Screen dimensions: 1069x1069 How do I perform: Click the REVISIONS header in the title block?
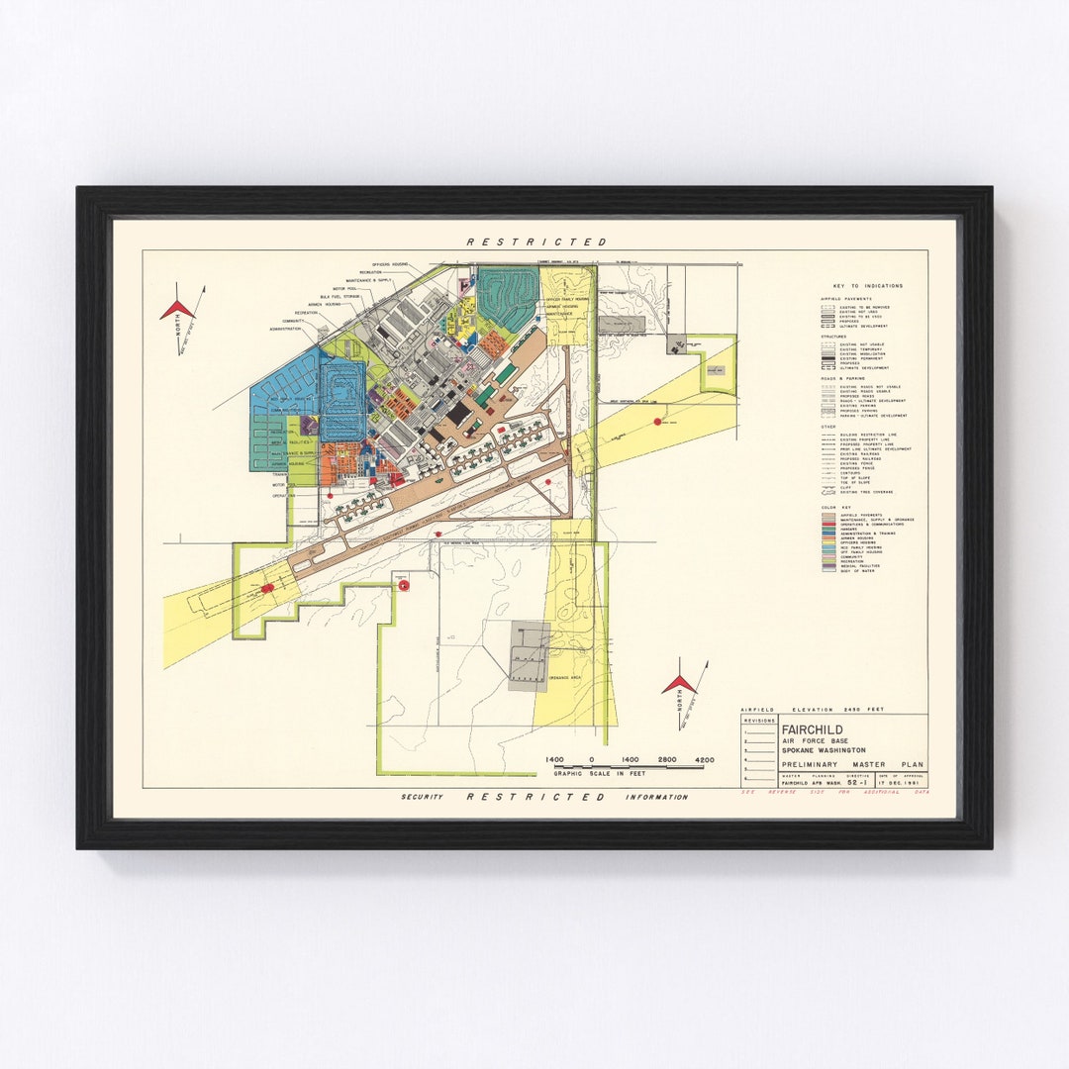pyautogui.click(x=759, y=722)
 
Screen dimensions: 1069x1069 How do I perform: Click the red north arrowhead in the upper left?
pyautogui.click(x=177, y=309)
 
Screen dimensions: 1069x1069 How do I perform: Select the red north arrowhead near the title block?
pyautogui.click(x=680, y=683)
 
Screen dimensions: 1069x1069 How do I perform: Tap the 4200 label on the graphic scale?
pyautogui.click(x=704, y=759)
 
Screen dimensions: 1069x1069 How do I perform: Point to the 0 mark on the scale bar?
pyautogui.click(x=592, y=759)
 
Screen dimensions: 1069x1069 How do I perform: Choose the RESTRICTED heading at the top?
pyautogui.click(x=536, y=242)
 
